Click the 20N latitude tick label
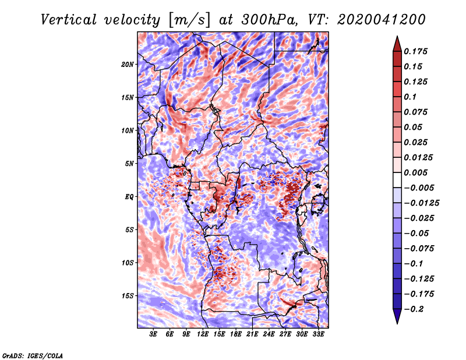(127, 64)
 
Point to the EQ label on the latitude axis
(129, 197)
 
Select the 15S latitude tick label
(128, 296)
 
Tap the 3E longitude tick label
(153, 334)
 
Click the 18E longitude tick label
(236, 334)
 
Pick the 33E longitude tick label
(318, 334)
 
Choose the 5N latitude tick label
(129, 164)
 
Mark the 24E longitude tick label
(269, 334)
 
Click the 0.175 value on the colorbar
(415, 51)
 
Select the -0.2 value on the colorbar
(414, 309)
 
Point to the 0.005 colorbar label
(415, 172)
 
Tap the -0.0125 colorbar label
(421, 203)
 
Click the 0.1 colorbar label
(410, 97)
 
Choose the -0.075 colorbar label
(419, 249)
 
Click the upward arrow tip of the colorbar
(397, 36)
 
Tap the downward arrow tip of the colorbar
(397, 323)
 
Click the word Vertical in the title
(69, 20)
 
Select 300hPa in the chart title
(269, 20)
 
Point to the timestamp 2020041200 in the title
(382, 20)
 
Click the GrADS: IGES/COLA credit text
(33, 356)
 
